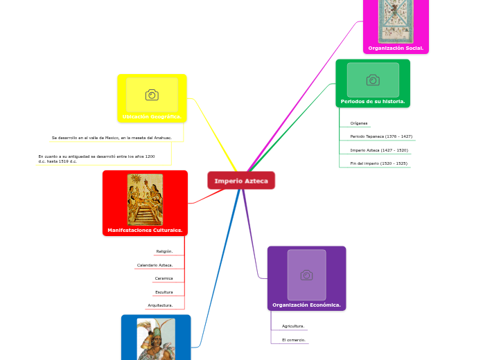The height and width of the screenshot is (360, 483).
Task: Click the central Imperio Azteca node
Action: coord(241,181)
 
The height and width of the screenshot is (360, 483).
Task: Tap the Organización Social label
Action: coord(396,48)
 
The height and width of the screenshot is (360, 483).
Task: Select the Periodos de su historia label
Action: coord(373,101)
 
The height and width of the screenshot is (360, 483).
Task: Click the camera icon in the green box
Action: coord(373,80)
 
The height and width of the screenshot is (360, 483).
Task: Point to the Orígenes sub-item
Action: coord(359,123)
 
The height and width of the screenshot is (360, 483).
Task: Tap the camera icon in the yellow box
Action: coord(152,95)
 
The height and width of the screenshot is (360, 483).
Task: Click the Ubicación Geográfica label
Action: coord(152,116)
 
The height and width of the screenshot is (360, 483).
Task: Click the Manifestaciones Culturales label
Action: coord(145,230)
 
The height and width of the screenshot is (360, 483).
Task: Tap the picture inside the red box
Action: coord(146,199)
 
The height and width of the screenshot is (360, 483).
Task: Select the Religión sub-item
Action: coord(164,251)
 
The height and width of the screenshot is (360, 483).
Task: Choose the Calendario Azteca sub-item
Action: coord(155,265)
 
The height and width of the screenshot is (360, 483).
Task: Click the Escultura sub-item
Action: coord(164,292)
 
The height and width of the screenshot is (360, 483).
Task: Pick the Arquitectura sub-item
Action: coord(160,305)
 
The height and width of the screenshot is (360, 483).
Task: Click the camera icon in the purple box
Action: coord(306,275)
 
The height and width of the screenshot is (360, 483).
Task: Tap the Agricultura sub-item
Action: coord(293,326)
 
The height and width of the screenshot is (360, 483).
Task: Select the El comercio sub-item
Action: coord(293,341)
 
